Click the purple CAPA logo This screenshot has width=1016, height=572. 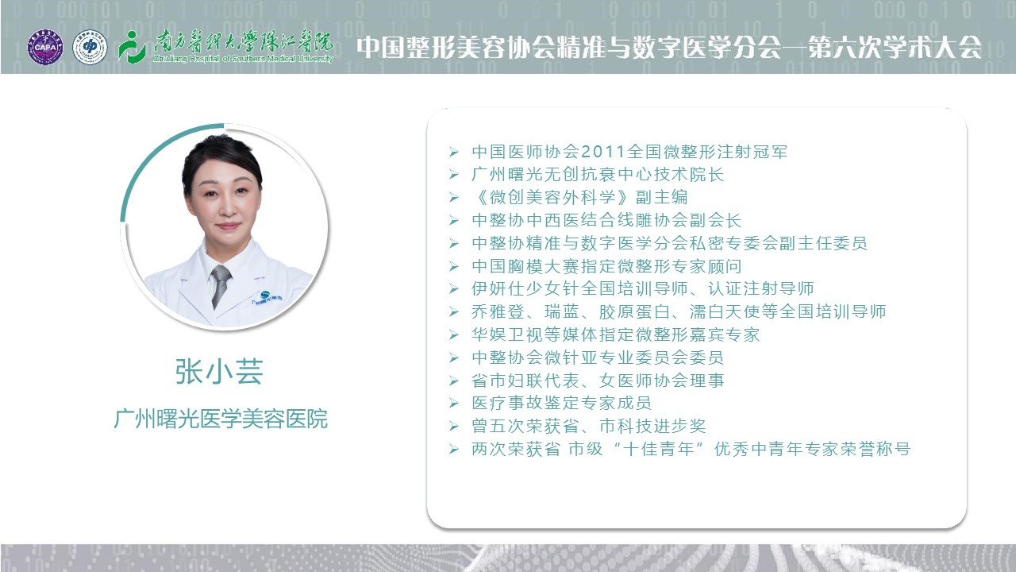click(x=45, y=47)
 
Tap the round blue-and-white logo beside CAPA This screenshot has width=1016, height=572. click(x=90, y=47)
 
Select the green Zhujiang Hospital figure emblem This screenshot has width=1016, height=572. click(x=131, y=47)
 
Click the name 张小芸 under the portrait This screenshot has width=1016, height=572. click(x=219, y=371)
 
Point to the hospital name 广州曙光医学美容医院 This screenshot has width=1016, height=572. click(x=221, y=419)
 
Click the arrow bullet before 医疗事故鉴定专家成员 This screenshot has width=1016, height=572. click(x=453, y=403)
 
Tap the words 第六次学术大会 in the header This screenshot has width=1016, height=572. click(x=895, y=47)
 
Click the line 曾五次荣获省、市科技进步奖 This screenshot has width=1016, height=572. click(x=589, y=426)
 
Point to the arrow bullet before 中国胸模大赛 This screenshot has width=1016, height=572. click(x=453, y=266)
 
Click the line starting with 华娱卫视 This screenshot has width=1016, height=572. click(x=615, y=334)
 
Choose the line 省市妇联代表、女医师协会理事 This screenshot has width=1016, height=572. click(x=598, y=381)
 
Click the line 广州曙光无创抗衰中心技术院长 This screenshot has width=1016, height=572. click(x=598, y=174)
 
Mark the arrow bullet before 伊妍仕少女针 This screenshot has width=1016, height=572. click(x=453, y=288)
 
